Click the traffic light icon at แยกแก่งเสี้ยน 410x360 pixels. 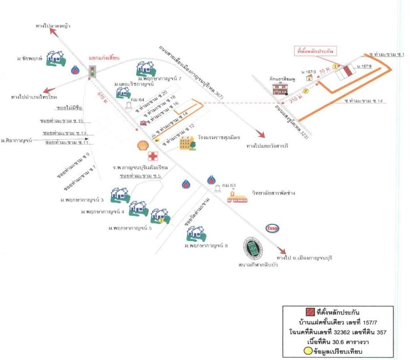tap(91, 71)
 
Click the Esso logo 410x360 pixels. tap(273, 229)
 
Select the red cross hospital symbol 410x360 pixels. tap(152, 157)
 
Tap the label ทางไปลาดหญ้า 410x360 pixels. tap(53, 27)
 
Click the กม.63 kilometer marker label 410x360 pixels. tap(229, 185)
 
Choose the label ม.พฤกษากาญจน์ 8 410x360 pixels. tap(206, 246)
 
